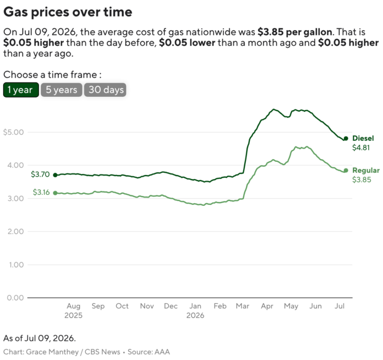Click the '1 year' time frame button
[21, 90]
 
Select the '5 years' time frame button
[61, 90]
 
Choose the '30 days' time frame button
[105, 90]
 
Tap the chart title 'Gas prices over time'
[68, 12]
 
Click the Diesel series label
[363, 138]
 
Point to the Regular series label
[366, 170]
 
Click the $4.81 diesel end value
[361, 148]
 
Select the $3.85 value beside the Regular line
[362, 179]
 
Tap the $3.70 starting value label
[40, 174]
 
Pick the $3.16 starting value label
[41, 192]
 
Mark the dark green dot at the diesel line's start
[55, 175]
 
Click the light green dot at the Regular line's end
[346, 171]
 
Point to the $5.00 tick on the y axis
[13, 132]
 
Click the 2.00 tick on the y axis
[15, 231]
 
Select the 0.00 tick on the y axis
[15, 298]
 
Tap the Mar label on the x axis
[243, 306]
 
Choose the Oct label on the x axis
[122, 306]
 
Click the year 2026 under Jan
[195, 315]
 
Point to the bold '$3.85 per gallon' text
[295, 32]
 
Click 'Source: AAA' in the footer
[149, 352]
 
